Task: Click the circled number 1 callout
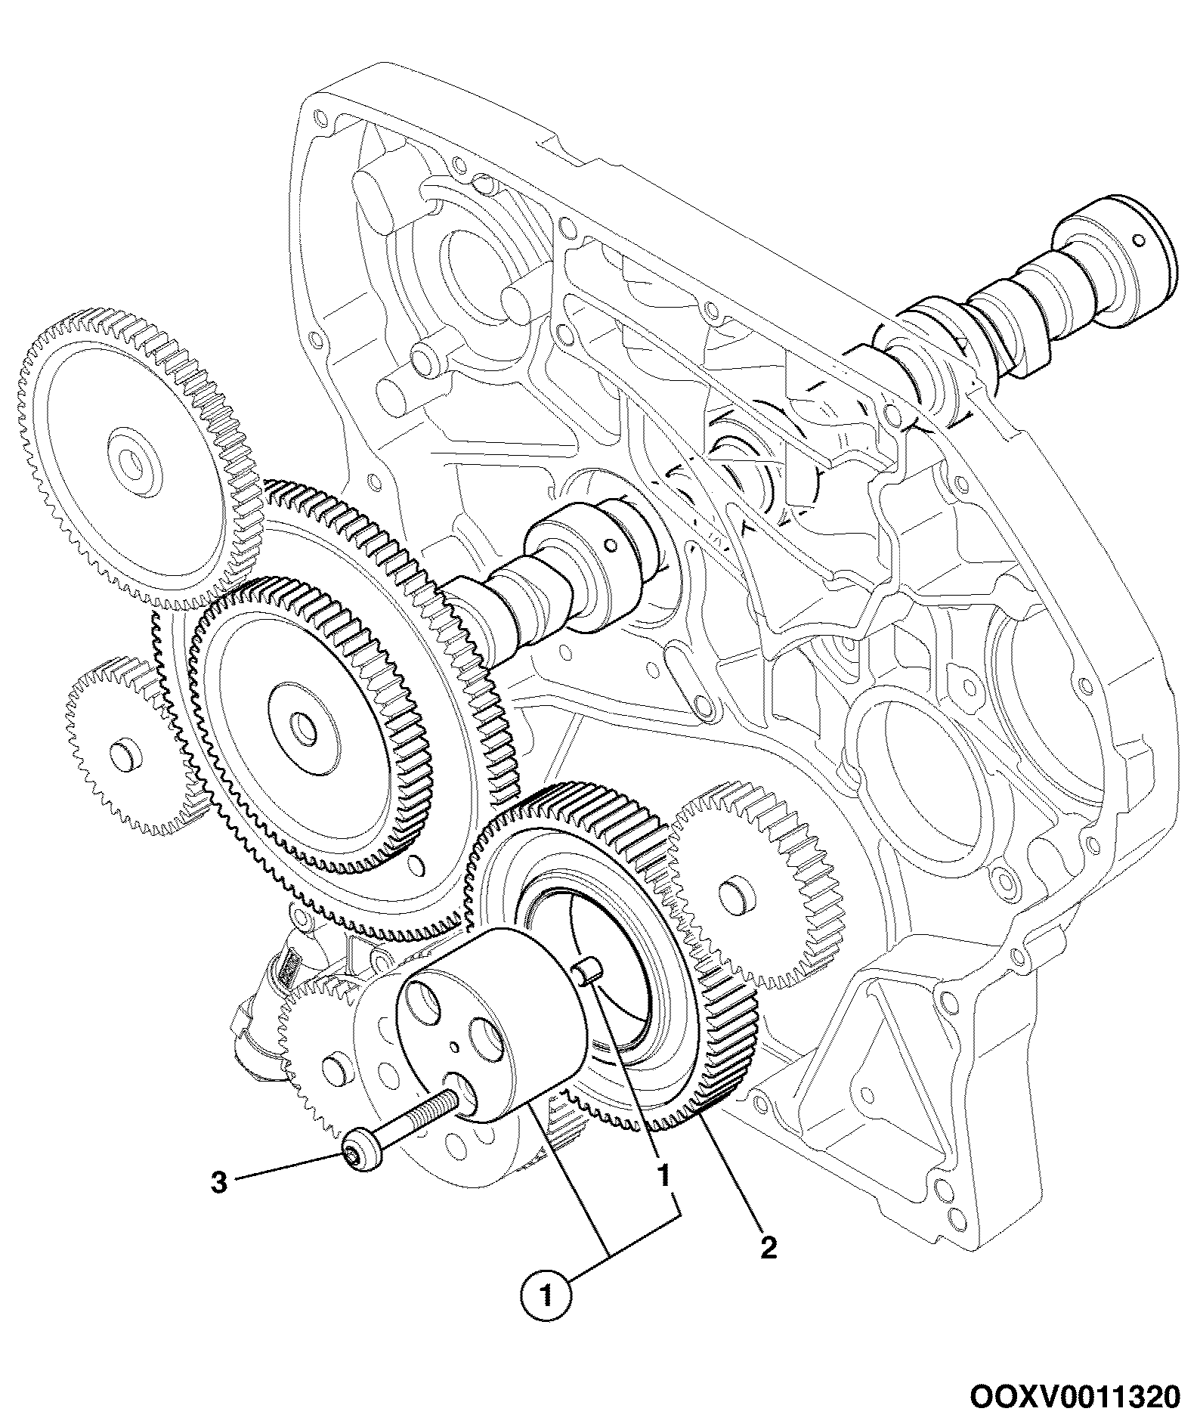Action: (x=546, y=1299)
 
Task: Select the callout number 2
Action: (x=768, y=1248)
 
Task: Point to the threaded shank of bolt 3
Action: (x=417, y=1119)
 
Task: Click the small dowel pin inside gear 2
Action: (x=587, y=970)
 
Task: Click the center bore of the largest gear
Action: (x=305, y=727)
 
